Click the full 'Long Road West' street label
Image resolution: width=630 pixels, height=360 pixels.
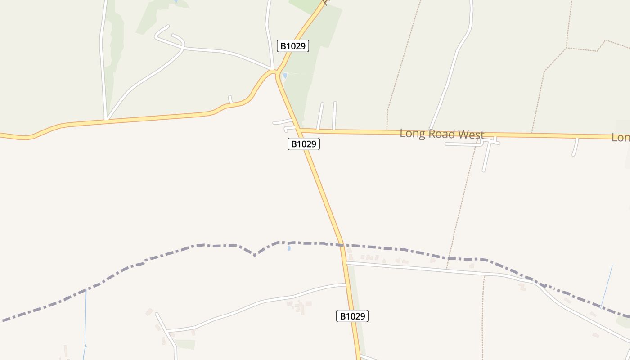[x=442, y=134]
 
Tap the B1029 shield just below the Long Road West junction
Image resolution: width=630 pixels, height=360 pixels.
[x=304, y=144]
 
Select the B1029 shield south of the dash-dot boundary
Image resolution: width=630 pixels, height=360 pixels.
[x=352, y=316]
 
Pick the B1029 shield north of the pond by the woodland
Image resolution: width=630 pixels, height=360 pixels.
[x=292, y=46]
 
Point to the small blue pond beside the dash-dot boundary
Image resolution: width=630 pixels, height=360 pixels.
[x=288, y=247]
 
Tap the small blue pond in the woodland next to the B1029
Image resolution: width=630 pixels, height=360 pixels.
[x=285, y=76]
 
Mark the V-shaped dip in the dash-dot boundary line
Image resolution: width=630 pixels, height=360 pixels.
[x=255, y=255]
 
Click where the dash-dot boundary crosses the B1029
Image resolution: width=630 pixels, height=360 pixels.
[x=341, y=245]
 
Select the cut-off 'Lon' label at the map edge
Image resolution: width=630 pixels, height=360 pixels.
[x=621, y=138]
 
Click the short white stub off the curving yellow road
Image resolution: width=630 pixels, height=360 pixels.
[x=230, y=99]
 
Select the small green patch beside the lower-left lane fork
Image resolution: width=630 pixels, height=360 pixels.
[x=185, y=344]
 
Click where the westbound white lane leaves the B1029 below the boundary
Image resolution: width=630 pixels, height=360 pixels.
[x=346, y=284]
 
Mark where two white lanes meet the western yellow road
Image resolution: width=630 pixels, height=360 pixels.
[x=106, y=120]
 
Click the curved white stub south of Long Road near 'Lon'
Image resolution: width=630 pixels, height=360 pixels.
[x=575, y=148]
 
